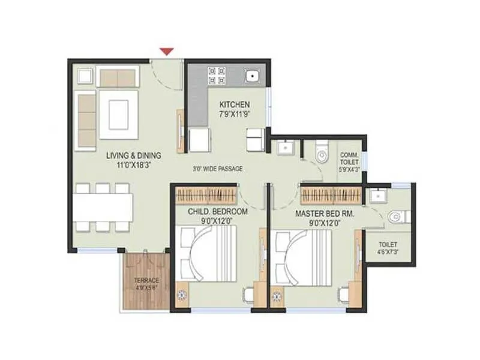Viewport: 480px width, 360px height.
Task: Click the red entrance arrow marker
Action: (x=167, y=52)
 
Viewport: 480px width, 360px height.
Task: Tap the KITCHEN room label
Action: (x=234, y=104)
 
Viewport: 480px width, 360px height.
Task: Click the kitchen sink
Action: (x=253, y=76)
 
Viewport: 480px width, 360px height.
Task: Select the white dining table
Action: (x=103, y=208)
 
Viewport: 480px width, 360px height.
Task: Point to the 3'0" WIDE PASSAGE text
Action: (x=217, y=169)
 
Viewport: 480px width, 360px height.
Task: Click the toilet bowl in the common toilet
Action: (x=322, y=154)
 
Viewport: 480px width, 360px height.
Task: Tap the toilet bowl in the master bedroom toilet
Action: (x=395, y=216)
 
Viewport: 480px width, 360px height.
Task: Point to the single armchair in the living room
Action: (x=85, y=76)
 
